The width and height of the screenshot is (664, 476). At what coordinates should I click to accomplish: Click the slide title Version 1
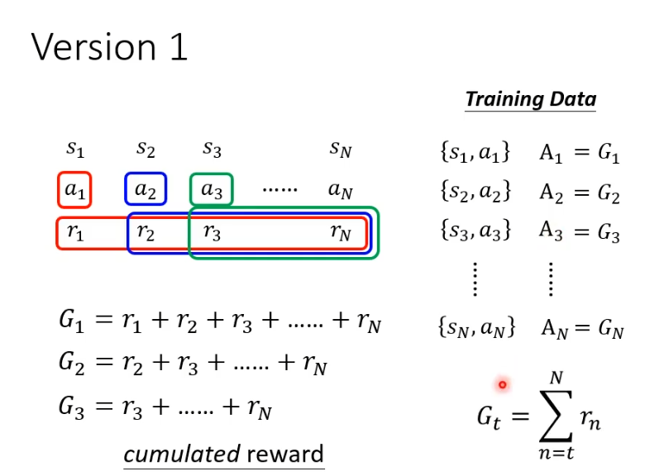pos(110,47)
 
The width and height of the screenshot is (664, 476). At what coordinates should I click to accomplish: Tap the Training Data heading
pos(530,100)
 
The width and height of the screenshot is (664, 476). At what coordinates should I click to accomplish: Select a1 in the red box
pos(74,190)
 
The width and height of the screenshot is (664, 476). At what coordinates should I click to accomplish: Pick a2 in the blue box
pos(146,190)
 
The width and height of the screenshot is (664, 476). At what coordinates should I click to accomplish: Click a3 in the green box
pos(212,190)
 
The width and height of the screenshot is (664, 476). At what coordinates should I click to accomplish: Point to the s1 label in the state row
pos(75,149)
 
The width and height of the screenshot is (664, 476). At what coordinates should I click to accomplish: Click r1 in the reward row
pos(75,233)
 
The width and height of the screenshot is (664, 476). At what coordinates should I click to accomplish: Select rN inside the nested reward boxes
pos(341,233)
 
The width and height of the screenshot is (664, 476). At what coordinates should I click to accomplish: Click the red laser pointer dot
pos(502,384)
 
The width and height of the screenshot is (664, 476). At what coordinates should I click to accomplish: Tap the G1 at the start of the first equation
pos(73,322)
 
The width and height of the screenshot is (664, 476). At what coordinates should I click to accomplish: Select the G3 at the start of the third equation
pos(73,407)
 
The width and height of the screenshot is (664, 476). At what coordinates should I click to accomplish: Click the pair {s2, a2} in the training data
pos(475,193)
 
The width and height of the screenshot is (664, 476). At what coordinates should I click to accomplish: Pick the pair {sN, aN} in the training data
pos(477,327)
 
